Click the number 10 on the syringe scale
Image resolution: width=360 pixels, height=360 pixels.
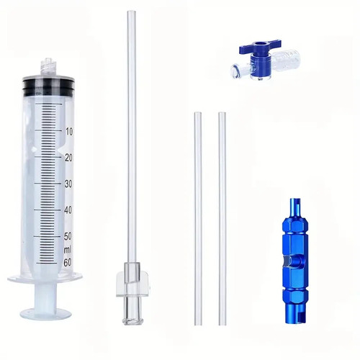69,132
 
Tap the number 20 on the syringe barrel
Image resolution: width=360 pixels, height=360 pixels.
69,158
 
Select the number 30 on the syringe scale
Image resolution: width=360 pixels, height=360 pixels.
68,184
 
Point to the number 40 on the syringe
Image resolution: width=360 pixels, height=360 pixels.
68,210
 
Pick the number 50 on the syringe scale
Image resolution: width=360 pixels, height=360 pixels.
68,236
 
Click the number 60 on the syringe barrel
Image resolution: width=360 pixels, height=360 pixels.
68,263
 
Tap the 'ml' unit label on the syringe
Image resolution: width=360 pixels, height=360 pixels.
68,250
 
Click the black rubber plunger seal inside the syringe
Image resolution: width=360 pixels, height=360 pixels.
48,86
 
